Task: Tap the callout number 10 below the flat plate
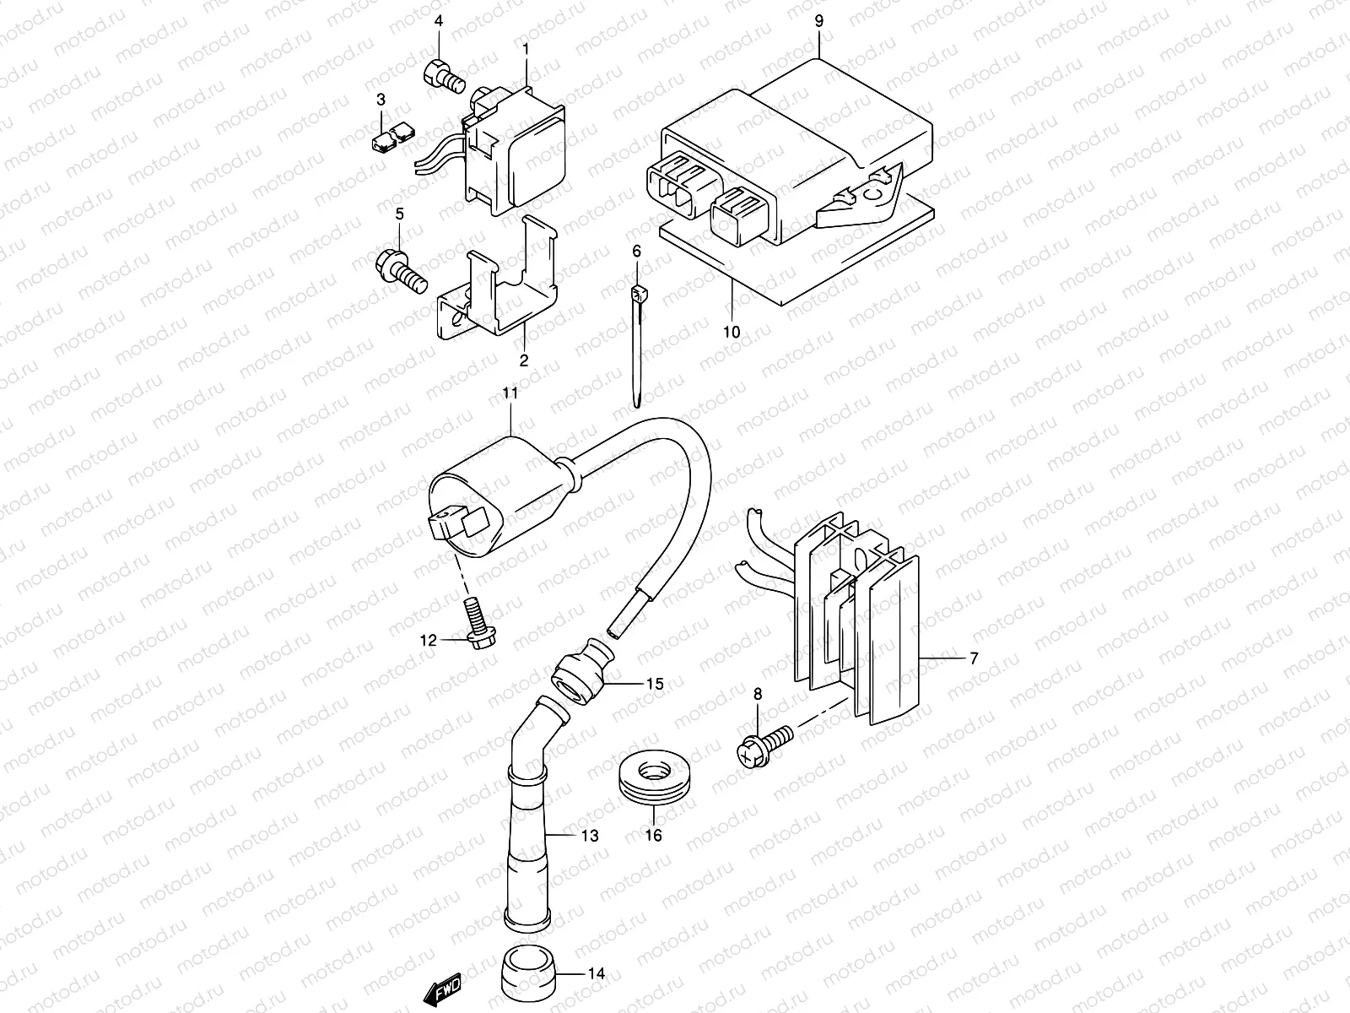coord(731,332)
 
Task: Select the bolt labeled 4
coord(442,75)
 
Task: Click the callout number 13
coord(589,836)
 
